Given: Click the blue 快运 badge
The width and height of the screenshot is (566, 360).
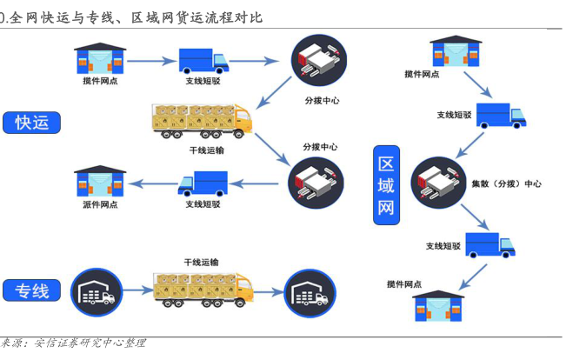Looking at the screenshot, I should point(32,122).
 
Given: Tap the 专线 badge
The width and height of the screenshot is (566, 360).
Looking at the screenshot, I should point(32,290).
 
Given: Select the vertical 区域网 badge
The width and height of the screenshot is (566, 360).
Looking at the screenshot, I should point(387,184).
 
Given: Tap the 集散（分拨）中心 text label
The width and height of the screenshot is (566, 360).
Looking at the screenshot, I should point(506,184).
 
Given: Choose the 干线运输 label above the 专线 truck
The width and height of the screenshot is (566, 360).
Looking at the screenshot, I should point(201,262).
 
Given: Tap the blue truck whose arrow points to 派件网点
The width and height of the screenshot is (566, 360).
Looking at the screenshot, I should point(203,183).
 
